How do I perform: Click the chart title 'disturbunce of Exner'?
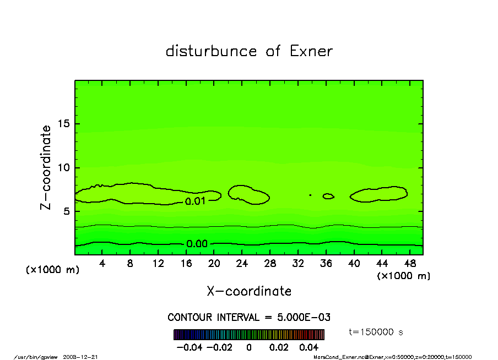pos(249,52)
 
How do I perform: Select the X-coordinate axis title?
pos(249,291)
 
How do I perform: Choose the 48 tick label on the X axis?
pos(409,264)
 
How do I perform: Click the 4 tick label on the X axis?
pos(102,264)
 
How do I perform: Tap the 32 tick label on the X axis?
pos(298,264)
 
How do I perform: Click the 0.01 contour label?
pos(195,201)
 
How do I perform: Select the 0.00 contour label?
pos(197,244)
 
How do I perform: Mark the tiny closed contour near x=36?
pos(328,196)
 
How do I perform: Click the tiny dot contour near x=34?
pos(310,195)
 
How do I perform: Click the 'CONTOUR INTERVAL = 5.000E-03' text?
pos(248,318)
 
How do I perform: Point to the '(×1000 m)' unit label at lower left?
pos(53,270)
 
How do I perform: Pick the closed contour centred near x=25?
pos(248,194)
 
